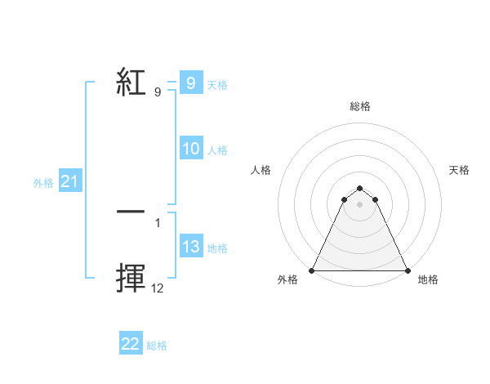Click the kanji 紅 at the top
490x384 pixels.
[131, 82]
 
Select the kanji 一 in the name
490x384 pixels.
[131, 212]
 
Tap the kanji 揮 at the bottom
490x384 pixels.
[131, 278]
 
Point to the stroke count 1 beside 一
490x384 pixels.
[158, 221]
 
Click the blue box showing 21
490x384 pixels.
[69, 182]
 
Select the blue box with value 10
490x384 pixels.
[191, 149]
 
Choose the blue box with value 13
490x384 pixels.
[191, 247]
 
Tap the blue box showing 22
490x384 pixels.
[131, 344]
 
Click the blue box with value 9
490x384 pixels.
[190, 83]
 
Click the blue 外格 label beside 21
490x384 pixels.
[43, 183]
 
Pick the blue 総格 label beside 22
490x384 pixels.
[157, 346]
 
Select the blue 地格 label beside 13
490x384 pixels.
[217, 248]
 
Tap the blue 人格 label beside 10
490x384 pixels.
[217, 150]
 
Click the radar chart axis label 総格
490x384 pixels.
[360, 106]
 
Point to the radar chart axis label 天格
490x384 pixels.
[460, 170]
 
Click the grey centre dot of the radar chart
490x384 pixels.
[360, 204]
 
